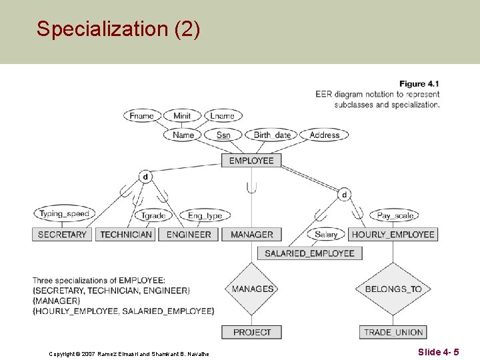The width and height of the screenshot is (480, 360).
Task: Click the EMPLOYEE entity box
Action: (251, 161)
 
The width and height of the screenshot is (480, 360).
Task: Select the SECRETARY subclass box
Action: (62, 235)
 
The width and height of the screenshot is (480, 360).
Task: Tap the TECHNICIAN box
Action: (126, 235)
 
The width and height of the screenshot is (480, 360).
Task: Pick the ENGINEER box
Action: (189, 235)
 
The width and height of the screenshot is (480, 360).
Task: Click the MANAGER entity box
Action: (252, 235)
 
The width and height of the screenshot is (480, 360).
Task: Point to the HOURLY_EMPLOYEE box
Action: (393, 235)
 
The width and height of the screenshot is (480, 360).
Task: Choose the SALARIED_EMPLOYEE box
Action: (310, 253)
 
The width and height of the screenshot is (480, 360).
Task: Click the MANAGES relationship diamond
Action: (253, 289)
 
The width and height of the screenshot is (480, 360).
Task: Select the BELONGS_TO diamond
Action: (393, 289)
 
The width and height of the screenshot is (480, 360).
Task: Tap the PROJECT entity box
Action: (252, 332)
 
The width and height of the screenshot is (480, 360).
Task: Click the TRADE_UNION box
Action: (393, 332)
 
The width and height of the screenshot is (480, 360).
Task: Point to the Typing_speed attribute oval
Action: (64, 214)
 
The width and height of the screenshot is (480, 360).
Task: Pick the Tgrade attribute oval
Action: (154, 215)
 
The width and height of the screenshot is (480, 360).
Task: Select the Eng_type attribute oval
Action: (205, 215)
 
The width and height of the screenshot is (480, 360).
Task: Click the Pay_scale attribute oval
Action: (395, 215)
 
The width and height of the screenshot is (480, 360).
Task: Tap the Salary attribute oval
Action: (326, 234)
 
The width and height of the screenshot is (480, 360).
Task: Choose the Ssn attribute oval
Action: (223, 135)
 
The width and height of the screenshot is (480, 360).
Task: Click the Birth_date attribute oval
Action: (273, 135)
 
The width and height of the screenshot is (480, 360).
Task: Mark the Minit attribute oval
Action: (182, 116)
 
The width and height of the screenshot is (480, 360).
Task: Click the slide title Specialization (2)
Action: (118, 29)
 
